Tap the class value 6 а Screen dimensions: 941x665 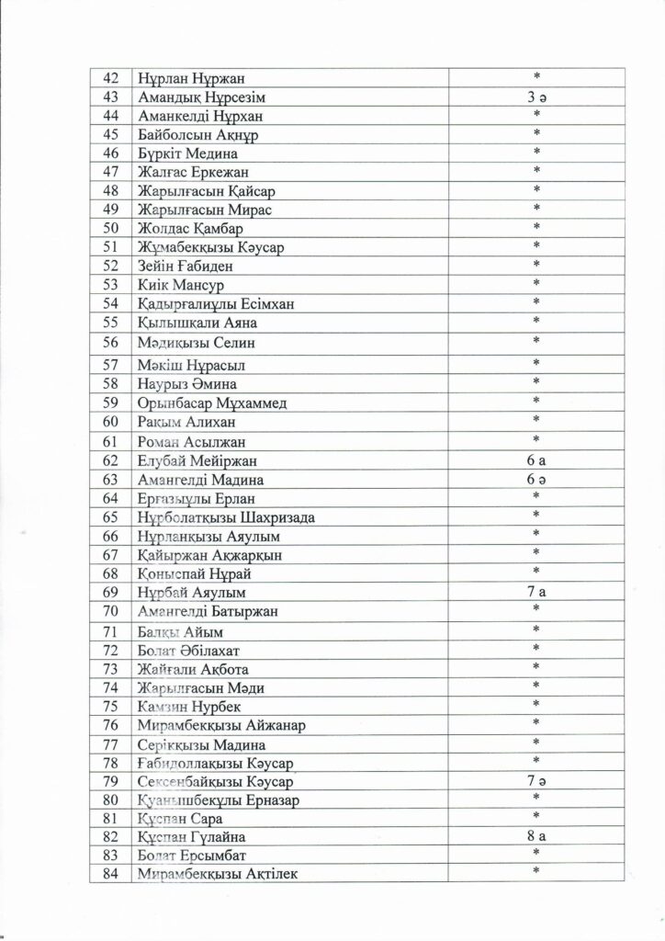536,461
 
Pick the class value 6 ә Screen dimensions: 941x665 536,480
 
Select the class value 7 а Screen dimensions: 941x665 536,592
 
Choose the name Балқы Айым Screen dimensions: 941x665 180,632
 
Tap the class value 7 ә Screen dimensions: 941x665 536,781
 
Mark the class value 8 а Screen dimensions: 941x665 536,836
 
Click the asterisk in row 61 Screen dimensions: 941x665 536,440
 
